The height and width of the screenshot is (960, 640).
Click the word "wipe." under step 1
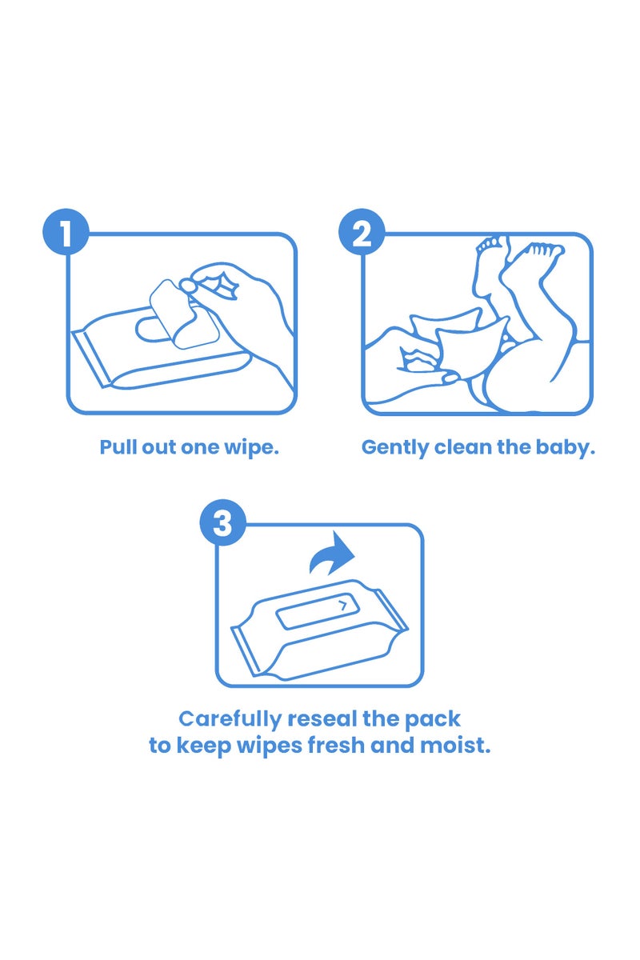254,447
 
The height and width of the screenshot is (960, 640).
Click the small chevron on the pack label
343,606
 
